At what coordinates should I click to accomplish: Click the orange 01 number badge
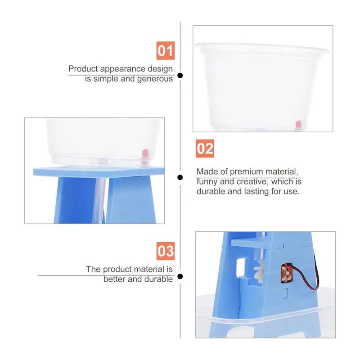165,51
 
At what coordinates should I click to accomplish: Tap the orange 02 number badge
205,148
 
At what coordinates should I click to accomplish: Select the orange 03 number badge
165,251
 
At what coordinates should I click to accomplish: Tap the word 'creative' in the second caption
258,181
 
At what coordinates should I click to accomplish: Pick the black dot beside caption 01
180,76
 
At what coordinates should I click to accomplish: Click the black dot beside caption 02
180,177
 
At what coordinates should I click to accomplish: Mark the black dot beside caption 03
180,276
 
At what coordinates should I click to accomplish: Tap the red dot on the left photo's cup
145,153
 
